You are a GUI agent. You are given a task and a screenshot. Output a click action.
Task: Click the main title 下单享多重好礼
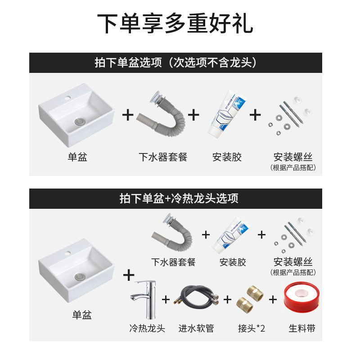point(175,23)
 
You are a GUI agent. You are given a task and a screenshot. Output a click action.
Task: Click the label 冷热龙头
point(147,328)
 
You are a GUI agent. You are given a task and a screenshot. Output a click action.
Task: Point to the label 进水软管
point(196,328)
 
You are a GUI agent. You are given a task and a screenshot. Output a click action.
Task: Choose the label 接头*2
point(252,328)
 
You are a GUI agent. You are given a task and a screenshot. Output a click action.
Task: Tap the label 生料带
point(302,328)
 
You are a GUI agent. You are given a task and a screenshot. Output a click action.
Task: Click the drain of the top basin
point(80,121)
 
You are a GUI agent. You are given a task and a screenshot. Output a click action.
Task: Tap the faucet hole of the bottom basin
point(67,253)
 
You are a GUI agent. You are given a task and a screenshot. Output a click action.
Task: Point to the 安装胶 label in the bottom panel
point(233,262)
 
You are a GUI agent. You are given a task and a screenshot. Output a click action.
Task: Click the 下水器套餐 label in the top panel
point(163,157)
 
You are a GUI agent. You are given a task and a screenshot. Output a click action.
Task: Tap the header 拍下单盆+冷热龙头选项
point(179,198)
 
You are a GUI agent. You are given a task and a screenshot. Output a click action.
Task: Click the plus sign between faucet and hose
point(166,299)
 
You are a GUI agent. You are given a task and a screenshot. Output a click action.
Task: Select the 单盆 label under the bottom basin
point(82,315)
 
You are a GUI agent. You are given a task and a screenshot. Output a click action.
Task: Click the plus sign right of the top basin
point(128,115)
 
